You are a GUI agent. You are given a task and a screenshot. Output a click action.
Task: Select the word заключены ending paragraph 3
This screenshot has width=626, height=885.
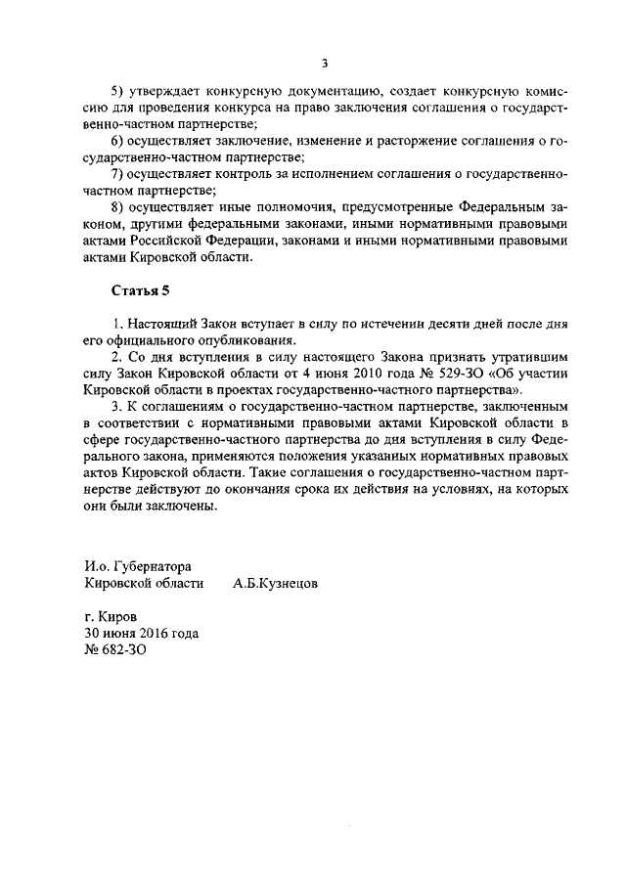click(179, 507)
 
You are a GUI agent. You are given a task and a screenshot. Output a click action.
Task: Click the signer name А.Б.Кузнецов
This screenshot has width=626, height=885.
click(275, 583)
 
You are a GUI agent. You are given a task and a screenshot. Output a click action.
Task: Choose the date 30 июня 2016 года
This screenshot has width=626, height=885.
click(142, 633)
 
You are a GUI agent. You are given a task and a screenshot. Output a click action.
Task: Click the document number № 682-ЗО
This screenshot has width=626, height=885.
click(115, 649)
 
